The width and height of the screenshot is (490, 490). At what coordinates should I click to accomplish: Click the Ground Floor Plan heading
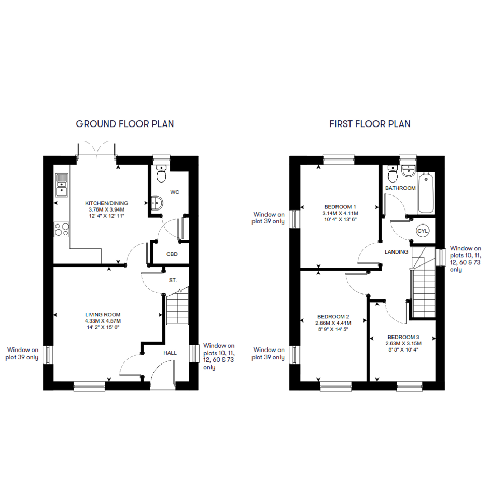[x=124, y=124]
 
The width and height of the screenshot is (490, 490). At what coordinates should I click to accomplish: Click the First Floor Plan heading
[x=370, y=124]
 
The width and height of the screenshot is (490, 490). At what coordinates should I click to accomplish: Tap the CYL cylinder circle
[x=423, y=231]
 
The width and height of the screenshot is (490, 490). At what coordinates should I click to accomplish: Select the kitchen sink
[x=62, y=185]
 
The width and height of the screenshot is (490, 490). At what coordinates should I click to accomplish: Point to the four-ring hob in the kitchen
[x=62, y=229]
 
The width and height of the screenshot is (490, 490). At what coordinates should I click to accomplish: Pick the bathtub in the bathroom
[x=426, y=192]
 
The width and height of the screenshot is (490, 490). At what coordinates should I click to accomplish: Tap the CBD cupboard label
[x=172, y=254]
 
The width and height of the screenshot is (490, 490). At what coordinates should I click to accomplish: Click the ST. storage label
[x=173, y=281]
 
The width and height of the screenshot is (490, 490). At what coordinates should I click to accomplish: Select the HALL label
[x=170, y=353]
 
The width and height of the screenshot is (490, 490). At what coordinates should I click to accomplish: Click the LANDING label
[x=396, y=252]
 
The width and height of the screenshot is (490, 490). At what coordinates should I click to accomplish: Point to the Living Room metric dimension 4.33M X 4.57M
[x=103, y=321]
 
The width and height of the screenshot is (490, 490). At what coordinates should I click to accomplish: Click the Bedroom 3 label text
[x=403, y=337]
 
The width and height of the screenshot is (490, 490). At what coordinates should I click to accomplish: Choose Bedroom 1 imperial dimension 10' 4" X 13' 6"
[x=340, y=220]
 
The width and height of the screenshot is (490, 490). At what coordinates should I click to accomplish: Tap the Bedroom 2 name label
[x=333, y=317]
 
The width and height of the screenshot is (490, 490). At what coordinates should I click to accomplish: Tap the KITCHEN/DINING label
[x=107, y=203]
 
